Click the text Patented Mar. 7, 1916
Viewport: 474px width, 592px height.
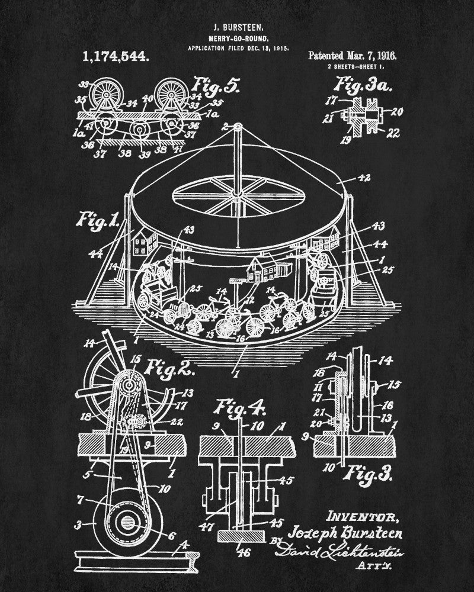tap(352, 56)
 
